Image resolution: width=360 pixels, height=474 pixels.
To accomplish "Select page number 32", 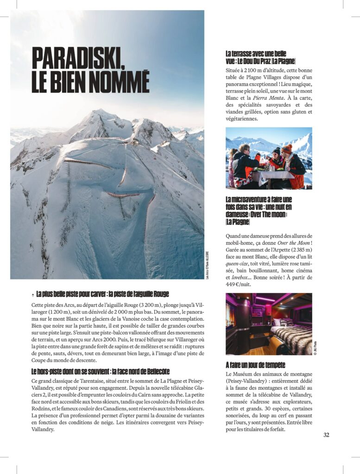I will tap(326, 435).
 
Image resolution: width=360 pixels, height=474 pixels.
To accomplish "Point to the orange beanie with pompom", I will tap(287, 150).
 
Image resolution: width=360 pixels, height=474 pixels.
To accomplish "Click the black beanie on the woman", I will tap(276, 151).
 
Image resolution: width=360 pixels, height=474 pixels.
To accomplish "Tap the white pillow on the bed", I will tap(277, 322).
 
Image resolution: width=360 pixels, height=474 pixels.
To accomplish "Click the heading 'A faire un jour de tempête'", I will tap(255, 365).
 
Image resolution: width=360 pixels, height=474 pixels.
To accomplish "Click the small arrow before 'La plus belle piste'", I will tap(32, 294).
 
